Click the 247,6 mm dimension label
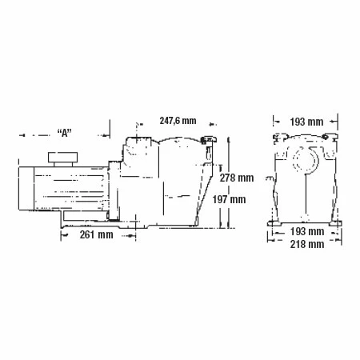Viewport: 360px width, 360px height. point(178,121)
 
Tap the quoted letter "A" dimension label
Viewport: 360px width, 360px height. point(65,133)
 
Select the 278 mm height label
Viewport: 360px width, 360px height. point(237,178)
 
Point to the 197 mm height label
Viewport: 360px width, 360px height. point(229,199)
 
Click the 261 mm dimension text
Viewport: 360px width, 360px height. point(97,234)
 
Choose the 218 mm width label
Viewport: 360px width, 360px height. point(307,244)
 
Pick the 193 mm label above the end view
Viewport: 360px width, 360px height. point(306,122)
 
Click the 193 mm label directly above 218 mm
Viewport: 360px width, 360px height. point(307,231)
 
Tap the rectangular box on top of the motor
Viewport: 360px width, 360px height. point(63,158)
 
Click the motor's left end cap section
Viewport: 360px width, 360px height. point(26,188)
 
